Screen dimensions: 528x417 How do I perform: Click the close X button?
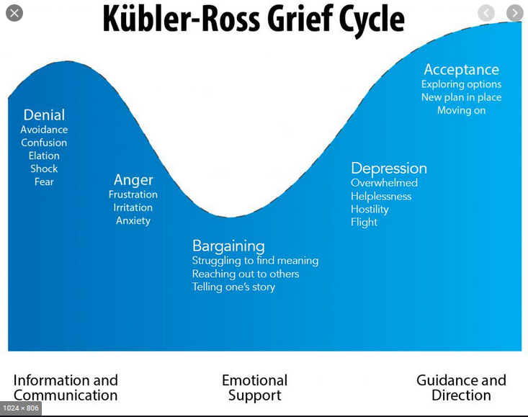click(x=14, y=13)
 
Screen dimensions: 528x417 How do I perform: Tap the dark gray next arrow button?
click(x=515, y=13)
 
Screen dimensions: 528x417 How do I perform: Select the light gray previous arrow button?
click(x=486, y=13)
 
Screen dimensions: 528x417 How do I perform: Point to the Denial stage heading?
click(x=44, y=115)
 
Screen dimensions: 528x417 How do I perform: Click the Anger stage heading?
click(x=133, y=180)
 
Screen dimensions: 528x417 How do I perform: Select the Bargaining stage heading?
click(x=228, y=246)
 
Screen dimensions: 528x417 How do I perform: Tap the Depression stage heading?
click(x=389, y=169)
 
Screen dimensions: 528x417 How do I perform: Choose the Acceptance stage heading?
click(x=461, y=69)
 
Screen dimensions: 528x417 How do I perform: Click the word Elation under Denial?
click(x=44, y=156)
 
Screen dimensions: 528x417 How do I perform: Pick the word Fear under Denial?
click(x=44, y=181)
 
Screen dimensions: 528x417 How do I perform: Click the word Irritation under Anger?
click(x=133, y=207)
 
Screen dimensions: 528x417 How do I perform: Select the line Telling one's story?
click(x=233, y=287)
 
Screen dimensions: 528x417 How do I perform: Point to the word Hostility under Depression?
click(x=370, y=210)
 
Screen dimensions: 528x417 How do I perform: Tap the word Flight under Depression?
click(x=364, y=222)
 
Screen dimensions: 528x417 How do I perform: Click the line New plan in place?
click(x=461, y=97)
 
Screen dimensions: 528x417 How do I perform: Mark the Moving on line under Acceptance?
click(x=461, y=110)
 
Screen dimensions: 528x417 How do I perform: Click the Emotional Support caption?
click(x=254, y=387)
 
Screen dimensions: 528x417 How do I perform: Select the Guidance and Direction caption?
click(x=461, y=387)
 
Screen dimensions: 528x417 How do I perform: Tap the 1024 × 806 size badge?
click(x=21, y=408)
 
